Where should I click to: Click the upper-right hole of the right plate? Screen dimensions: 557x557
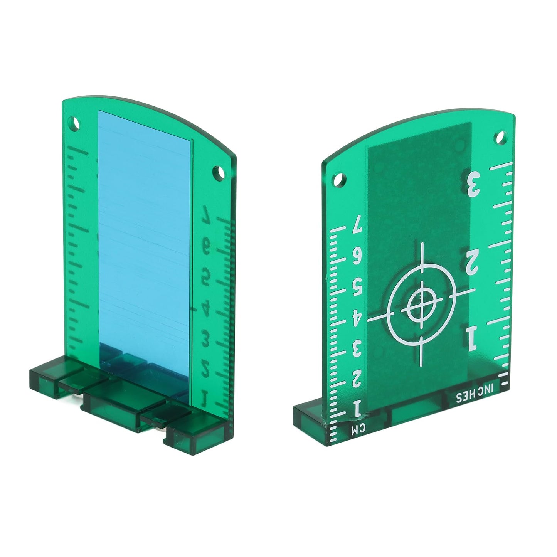(x=501, y=137)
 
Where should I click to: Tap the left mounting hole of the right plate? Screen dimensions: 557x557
(x=338, y=180)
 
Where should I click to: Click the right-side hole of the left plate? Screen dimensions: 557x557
(x=220, y=172)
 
